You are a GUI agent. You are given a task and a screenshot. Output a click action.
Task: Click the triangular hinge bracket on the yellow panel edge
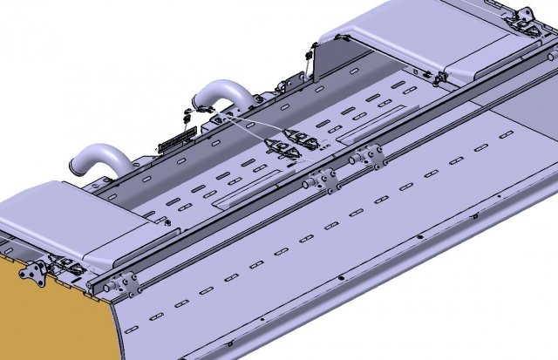(x=35, y=272)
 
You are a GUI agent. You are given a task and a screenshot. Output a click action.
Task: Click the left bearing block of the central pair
(x=321, y=179)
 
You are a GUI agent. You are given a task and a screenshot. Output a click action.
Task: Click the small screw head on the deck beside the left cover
(x=162, y=222)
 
